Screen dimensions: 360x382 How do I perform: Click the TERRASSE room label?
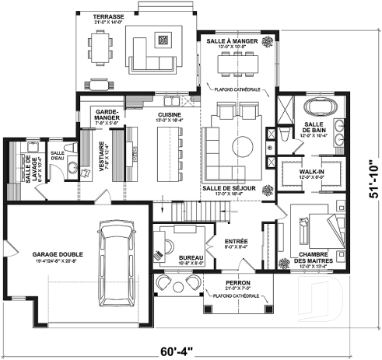pyautogui.click(x=109, y=16)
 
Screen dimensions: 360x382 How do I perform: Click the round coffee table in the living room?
pyautogui.click(x=242, y=145)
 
